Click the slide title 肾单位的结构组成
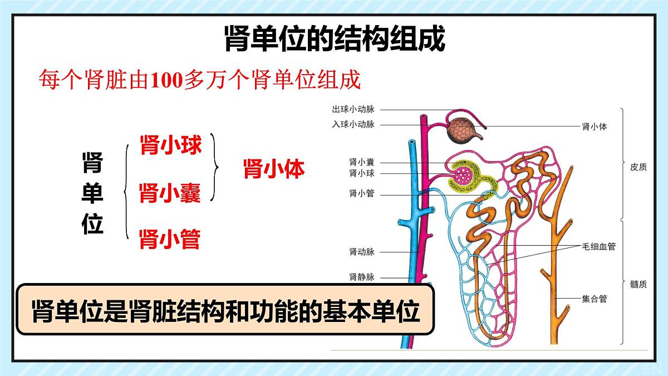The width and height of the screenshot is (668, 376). (335, 39)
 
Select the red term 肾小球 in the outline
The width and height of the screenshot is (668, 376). (171, 145)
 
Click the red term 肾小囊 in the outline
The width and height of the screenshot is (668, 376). (170, 193)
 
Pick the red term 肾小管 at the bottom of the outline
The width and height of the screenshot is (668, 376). (170, 239)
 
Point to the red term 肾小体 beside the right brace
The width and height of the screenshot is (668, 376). (274, 169)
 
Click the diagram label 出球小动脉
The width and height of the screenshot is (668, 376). (353, 109)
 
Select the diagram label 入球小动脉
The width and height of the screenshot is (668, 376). (353, 124)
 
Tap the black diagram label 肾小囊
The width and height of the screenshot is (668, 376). (362, 162)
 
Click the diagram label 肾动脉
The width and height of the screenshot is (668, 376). (362, 252)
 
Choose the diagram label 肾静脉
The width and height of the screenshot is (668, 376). (362, 277)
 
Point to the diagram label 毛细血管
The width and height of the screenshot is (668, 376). (599, 246)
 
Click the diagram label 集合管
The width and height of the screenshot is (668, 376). (595, 299)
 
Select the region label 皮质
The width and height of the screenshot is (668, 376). (638, 167)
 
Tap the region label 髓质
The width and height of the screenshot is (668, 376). (638, 285)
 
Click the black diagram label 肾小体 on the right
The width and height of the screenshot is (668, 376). (595, 127)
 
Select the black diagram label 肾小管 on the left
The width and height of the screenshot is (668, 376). (362, 194)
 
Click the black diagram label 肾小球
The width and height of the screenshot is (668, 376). (362, 173)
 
